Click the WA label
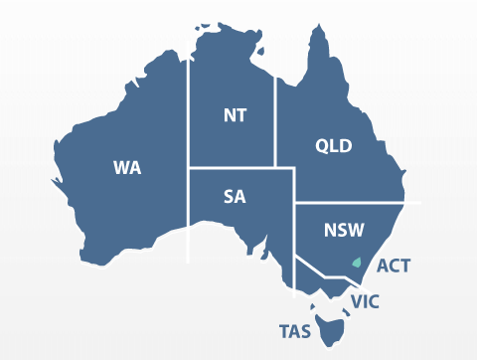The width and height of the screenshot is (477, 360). (126, 167)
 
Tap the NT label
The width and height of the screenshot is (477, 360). (235, 114)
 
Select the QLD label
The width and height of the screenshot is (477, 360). (333, 146)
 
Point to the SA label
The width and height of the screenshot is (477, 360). (235, 196)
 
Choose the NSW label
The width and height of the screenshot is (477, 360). (343, 231)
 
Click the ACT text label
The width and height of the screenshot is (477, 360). (393, 266)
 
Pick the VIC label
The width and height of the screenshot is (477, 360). (365, 300)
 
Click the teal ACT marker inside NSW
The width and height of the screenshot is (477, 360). (356, 263)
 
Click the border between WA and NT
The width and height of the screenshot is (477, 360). (189, 109)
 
